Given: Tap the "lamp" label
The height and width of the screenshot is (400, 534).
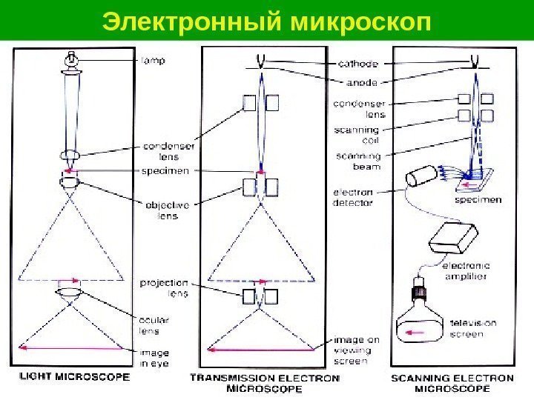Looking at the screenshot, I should click(x=154, y=62).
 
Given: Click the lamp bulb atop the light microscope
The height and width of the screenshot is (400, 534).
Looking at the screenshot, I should click(x=71, y=59).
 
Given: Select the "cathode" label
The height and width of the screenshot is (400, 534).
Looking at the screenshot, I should click(x=359, y=63).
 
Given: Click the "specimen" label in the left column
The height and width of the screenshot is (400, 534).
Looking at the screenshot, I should click(x=165, y=170).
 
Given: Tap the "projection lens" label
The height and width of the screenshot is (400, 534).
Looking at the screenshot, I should click(x=164, y=287).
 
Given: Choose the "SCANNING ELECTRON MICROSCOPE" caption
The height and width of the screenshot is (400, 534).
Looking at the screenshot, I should click(x=451, y=382).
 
